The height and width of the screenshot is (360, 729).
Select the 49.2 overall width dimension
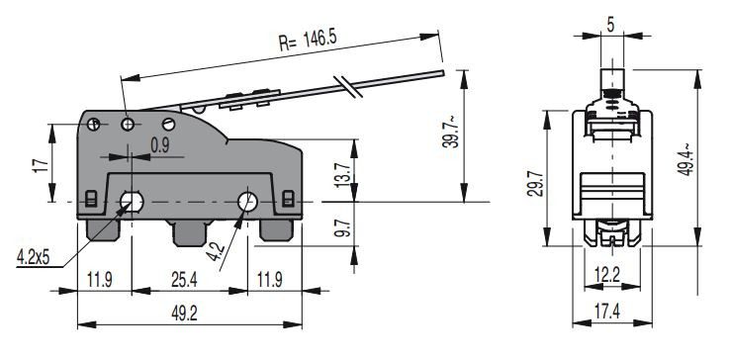(184, 314)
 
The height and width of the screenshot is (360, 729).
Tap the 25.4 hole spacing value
(184, 280)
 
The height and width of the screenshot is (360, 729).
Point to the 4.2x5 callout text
(33, 256)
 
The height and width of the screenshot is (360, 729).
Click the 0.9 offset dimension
(159, 146)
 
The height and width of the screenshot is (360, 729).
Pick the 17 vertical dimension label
(41, 165)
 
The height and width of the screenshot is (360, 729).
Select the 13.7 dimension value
(341, 174)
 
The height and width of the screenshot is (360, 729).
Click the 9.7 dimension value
(341, 227)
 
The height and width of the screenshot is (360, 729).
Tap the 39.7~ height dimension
(450, 133)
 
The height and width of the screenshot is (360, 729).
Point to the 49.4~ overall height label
(685, 160)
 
